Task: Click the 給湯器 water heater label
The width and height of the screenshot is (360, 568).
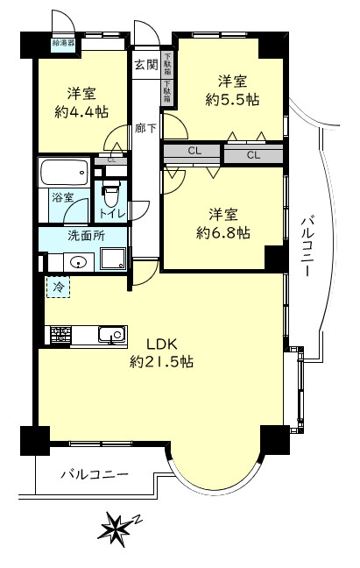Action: coord(63,42)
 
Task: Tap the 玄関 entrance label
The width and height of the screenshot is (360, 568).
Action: coord(146,65)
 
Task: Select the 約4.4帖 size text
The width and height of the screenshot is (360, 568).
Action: coord(81,112)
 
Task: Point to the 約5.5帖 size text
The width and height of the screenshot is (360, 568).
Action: coord(232,99)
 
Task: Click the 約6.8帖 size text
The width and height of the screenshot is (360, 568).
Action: coord(222,232)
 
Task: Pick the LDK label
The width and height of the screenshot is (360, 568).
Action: coord(161,344)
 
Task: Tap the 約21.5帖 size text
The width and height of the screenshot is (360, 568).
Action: coord(161,361)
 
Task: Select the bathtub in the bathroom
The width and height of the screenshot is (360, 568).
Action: coord(65,173)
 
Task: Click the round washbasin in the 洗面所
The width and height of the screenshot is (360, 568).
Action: coord(79,262)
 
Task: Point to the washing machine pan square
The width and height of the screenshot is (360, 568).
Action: coord(113,258)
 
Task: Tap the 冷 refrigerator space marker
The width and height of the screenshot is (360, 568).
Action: coord(58,288)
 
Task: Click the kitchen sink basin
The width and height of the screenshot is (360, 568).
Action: coord(112,335)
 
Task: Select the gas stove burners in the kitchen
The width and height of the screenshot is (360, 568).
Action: coord(60,335)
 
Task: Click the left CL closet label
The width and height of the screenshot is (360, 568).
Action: coord(194,151)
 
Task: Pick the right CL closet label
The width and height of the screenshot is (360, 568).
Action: coord(253,155)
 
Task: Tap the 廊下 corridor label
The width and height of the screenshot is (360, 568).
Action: coord(145,128)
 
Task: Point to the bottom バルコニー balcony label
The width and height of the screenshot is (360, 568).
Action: coord(94,474)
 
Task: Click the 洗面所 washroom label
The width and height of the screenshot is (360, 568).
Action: coord(87,236)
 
